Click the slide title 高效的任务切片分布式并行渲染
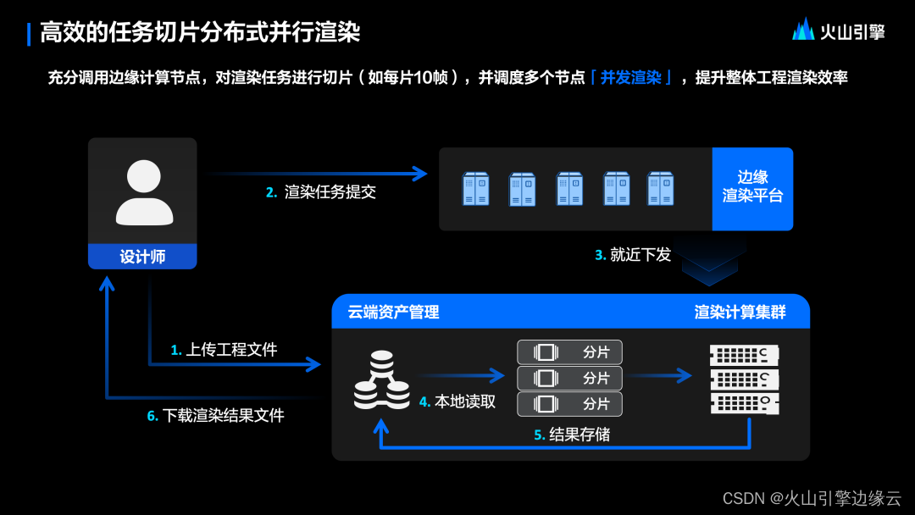click(x=200, y=33)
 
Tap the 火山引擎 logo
click(x=838, y=30)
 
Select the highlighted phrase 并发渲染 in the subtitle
click(x=630, y=78)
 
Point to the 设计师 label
click(x=142, y=257)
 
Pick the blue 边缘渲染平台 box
click(x=752, y=188)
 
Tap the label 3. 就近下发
click(x=633, y=254)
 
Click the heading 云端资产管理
click(x=393, y=313)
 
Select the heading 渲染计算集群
click(x=740, y=313)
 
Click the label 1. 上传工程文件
click(x=224, y=349)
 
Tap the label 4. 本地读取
click(x=457, y=401)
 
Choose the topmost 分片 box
click(x=569, y=352)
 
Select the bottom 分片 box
click(x=569, y=403)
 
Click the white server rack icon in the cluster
click(x=744, y=378)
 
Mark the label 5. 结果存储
click(x=572, y=435)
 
